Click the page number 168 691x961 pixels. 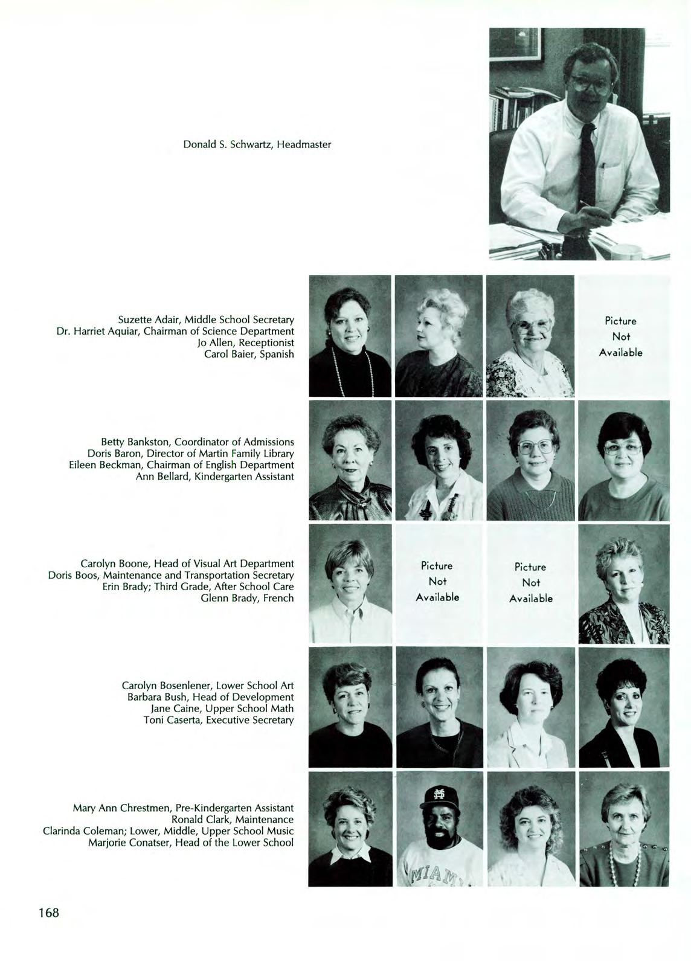point(48,912)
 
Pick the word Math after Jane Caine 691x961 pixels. point(283,709)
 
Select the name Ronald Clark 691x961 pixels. point(201,820)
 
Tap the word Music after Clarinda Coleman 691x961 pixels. point(280,831)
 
